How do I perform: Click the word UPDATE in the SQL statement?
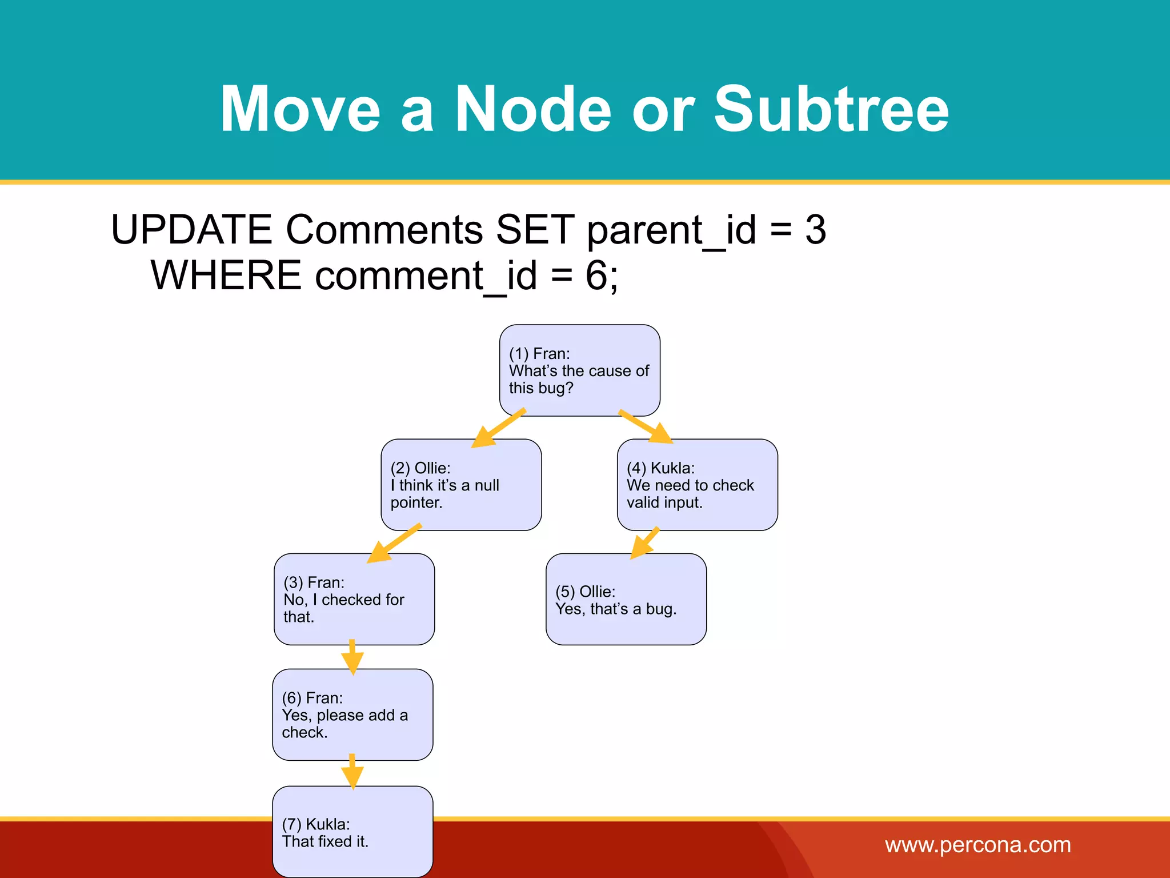tap(191, 230)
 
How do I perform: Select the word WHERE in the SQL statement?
tap(226, 276)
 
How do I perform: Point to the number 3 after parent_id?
tap(815, 230)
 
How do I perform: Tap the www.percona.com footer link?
tap(977, 845)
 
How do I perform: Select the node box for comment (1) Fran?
tap(579, 370)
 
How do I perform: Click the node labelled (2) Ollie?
tap(460, 485)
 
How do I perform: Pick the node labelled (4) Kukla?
tap(697, 485)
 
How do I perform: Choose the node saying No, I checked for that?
tap(354, 599)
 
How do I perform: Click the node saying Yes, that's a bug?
tap(626, 599)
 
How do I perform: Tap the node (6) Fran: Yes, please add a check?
tap(352, 715)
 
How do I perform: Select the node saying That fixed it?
tap(352, 832)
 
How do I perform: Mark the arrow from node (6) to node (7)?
tap(352, 772)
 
